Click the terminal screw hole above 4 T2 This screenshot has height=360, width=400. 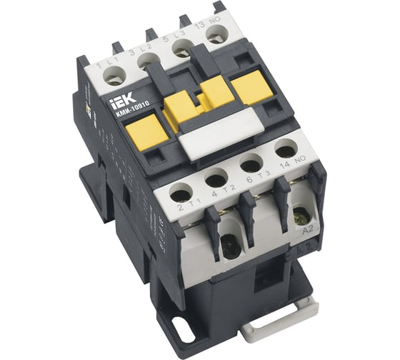pyautogui.click(x=216, y=179)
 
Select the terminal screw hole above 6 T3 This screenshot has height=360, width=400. pyautogui.click(x=250, y=164)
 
